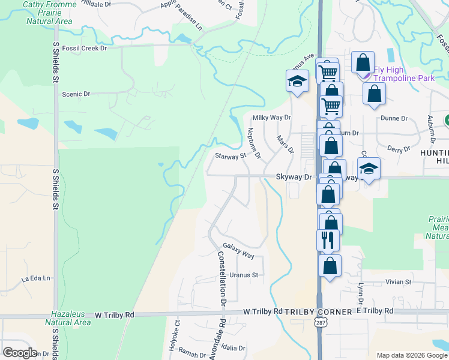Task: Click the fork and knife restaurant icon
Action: coord(328,240)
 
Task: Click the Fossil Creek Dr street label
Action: coord(80,48)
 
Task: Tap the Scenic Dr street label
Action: coord(76,94)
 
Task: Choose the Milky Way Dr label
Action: coord(271,118)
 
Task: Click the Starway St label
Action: coord(231,156)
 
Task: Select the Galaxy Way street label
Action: coord(238,251)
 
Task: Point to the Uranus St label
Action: coord(243,275)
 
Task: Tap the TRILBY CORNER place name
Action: coord(318,312)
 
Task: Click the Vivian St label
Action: coord(399,282)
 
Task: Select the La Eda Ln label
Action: coord(34,279)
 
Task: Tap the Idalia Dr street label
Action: coord(233,348)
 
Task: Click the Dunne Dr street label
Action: coord(394,119)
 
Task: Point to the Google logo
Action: coord(20,352)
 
